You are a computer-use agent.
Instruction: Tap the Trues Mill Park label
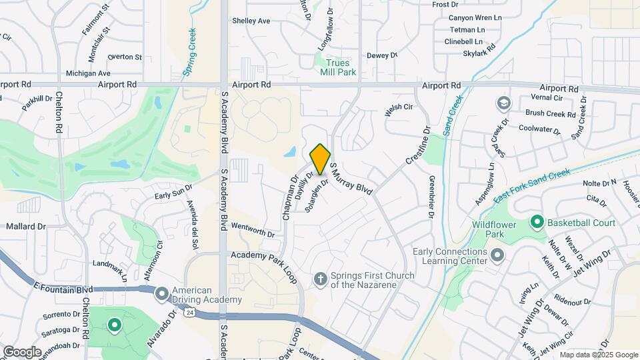(x=337, y=67)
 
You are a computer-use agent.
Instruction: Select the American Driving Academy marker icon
(x=161, y=294)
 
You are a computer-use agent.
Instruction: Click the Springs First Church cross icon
(x=320, y=279)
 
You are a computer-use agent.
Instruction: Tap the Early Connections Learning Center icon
(x=497, y=255)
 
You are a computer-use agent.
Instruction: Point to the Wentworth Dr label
(x=253, y=230)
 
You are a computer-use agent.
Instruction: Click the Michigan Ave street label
(x=88, y=73)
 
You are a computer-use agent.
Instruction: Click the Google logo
(x=22, y=351)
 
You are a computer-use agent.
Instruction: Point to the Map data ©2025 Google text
(x=599, y=355)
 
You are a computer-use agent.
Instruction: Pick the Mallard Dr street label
(x=25, y=227)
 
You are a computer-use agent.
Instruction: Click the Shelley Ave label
(x=251, y=21)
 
